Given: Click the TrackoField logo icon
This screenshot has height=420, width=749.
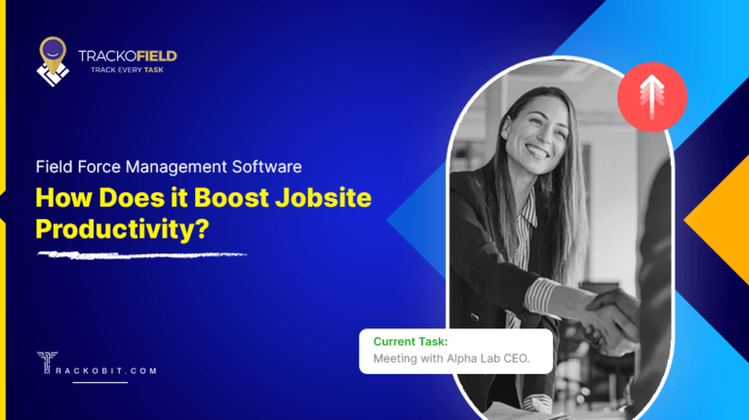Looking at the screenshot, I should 53,59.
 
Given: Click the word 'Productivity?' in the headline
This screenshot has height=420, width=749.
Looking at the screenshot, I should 123,228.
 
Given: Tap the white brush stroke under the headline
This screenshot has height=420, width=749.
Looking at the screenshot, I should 140,255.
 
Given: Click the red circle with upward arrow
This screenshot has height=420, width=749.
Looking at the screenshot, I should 652,96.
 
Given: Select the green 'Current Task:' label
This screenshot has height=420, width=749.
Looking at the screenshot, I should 410,342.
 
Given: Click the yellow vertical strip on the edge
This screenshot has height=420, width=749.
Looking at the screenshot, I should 3,210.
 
